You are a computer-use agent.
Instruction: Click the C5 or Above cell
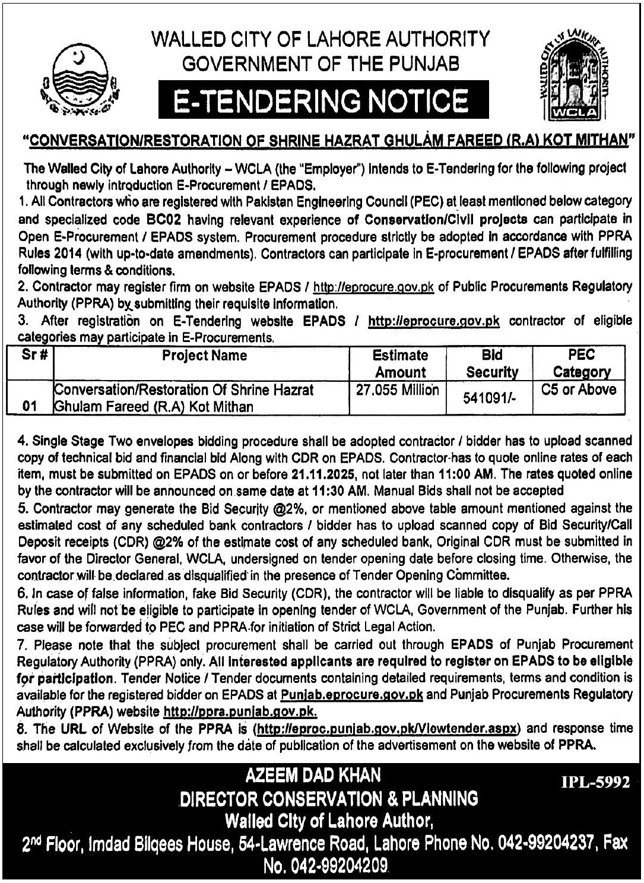pos(579,390)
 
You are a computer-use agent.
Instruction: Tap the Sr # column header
pos(30,356)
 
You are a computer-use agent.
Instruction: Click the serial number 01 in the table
pos(29,407)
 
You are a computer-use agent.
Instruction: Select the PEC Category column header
pos(580,363)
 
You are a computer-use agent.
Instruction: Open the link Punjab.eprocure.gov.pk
pos(353,694)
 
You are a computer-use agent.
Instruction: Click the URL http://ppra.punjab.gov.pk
pos(239,711)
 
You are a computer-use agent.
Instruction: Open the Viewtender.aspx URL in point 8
pos(386,728)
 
